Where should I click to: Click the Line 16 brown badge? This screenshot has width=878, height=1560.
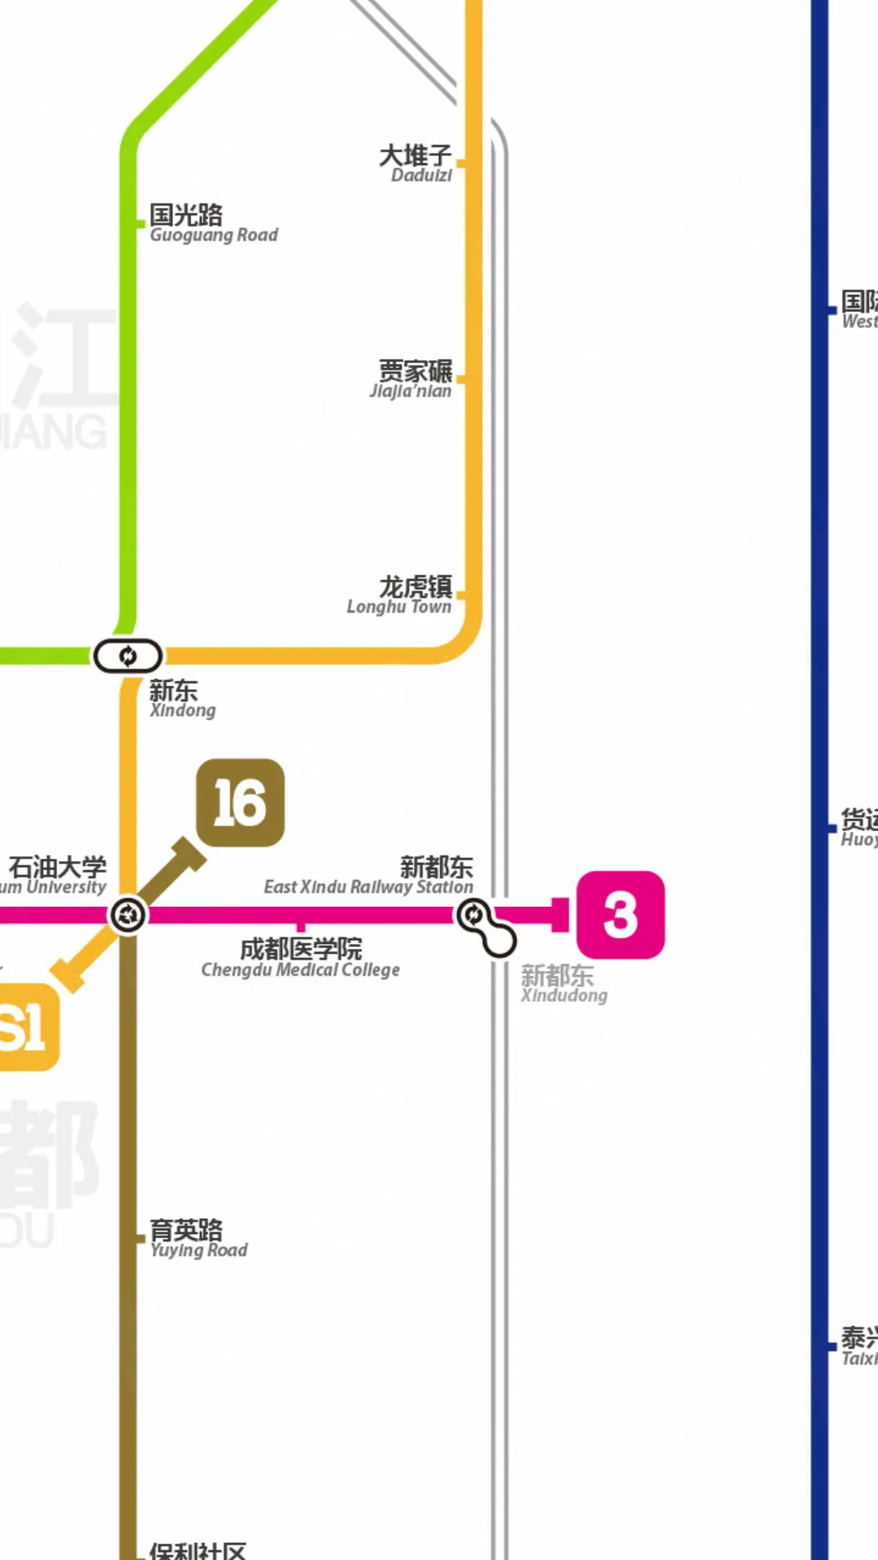241,803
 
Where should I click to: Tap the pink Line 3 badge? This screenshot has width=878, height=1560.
620,915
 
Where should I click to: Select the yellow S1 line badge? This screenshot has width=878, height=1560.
24,1027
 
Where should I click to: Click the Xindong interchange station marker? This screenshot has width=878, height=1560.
128,656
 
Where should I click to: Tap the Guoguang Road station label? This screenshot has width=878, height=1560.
213,223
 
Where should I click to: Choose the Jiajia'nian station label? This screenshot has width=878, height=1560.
411,379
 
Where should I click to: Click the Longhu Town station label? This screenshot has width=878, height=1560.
400,595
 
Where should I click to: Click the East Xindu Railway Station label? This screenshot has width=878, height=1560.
368,876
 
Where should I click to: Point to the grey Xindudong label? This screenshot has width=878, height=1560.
563,984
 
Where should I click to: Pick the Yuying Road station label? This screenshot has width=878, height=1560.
198,1239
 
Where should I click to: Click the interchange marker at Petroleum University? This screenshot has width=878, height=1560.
128,916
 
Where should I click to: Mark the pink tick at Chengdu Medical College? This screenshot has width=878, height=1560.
301,925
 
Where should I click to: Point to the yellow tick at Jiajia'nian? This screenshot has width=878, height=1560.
461,379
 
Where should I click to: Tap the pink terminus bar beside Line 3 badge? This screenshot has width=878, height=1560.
559,915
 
